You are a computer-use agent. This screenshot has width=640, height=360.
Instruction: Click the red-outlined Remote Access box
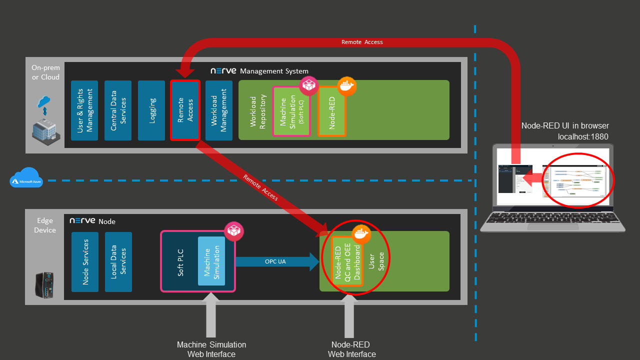coord(185,110)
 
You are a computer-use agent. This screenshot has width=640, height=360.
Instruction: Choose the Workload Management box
coord(219,110)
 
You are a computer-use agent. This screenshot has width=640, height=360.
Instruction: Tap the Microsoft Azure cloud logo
coord(26,178)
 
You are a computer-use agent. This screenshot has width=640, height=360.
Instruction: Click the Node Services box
coord(85,261)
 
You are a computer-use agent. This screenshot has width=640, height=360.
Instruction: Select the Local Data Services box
coord(118,261)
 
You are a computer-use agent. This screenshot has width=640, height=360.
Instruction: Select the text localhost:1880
coord(583,136)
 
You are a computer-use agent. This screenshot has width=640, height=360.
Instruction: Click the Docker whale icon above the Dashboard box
coord(361,233)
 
